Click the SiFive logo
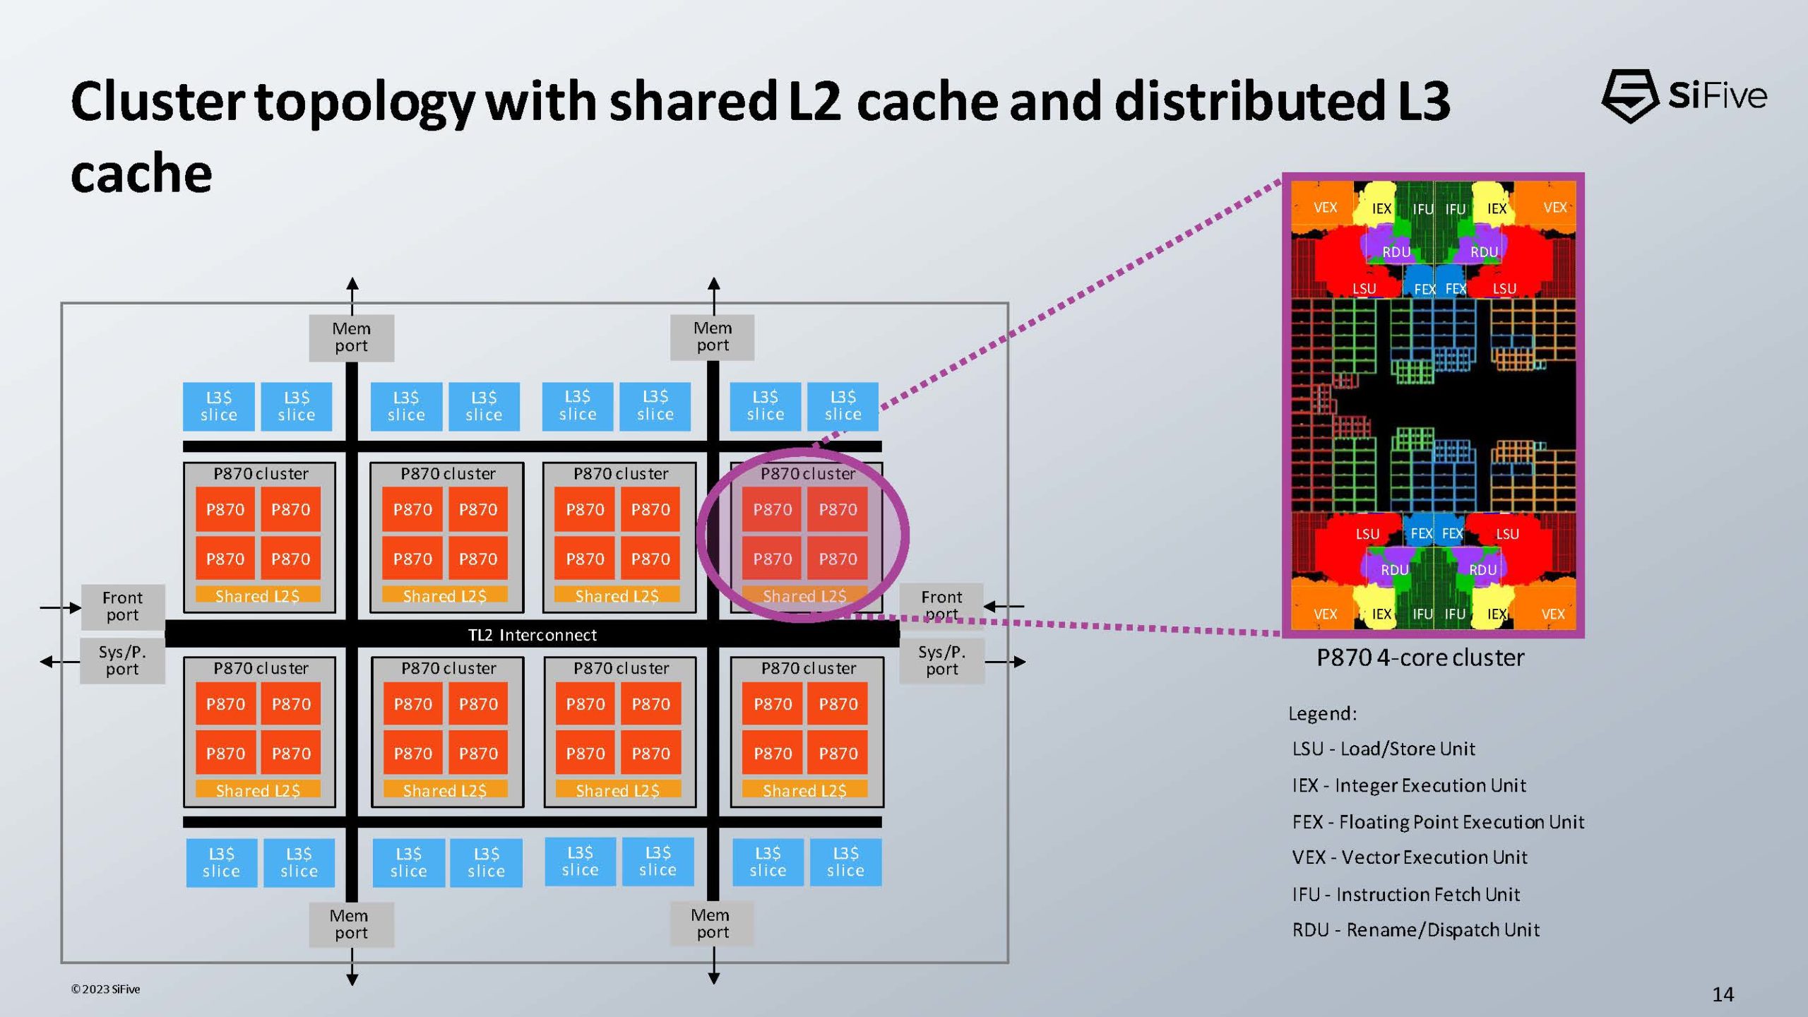[1684, 96]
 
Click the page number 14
[1723, 994]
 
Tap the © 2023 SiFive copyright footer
[105, 989]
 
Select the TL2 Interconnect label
[532, 635]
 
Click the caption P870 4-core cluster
[1420, 658]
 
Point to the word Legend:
[1322, 713]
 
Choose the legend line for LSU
[1384, 749]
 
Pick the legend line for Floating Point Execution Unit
[1438, 822]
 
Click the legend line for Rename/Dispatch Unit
[1415, 929]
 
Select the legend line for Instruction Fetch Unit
[1405, 894]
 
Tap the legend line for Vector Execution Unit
[1410, 857]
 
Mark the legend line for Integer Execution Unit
[1409, 785]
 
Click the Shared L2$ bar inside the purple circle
[804, 596]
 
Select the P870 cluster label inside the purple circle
[807, 473]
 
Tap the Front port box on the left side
[122, 607]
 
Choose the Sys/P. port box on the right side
[941, 660]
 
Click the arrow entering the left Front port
[60, 607]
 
